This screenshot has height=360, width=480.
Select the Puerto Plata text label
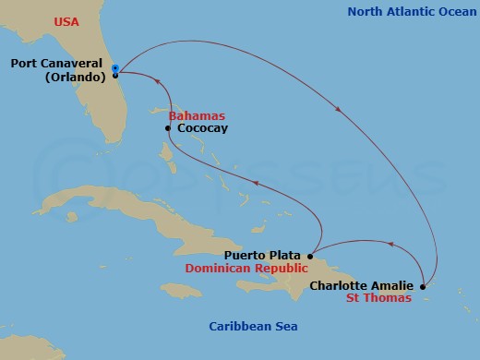(264, 255)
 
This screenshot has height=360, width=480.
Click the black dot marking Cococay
(167, 128)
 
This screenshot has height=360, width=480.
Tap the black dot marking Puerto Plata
(312, 255)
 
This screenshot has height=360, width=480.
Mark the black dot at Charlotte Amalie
(423, 287)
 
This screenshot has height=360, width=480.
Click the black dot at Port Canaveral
(114, 75)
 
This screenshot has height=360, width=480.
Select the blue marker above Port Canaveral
(114, 67)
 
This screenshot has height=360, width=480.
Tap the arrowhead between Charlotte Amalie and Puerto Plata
(390, 245)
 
